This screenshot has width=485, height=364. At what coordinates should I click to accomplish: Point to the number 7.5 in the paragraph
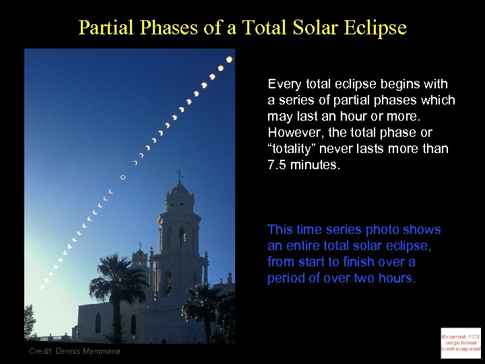tap(278, 164)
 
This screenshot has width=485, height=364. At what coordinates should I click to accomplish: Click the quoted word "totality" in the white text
tap(291, 148)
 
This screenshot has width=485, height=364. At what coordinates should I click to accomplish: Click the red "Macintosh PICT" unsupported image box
tap(461, 341)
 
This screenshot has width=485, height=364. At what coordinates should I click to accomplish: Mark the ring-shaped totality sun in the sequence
tap(123, 177)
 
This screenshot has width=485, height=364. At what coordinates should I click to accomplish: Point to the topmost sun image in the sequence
tap(229, 59)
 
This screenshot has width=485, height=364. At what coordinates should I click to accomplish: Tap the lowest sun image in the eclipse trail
tap(42, 286)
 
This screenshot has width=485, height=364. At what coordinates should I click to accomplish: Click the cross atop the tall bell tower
tap(179, 175)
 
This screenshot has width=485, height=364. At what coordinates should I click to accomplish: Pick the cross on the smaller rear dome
tap(139, 245)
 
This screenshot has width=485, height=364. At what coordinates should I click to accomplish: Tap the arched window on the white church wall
tap(98, 323)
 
